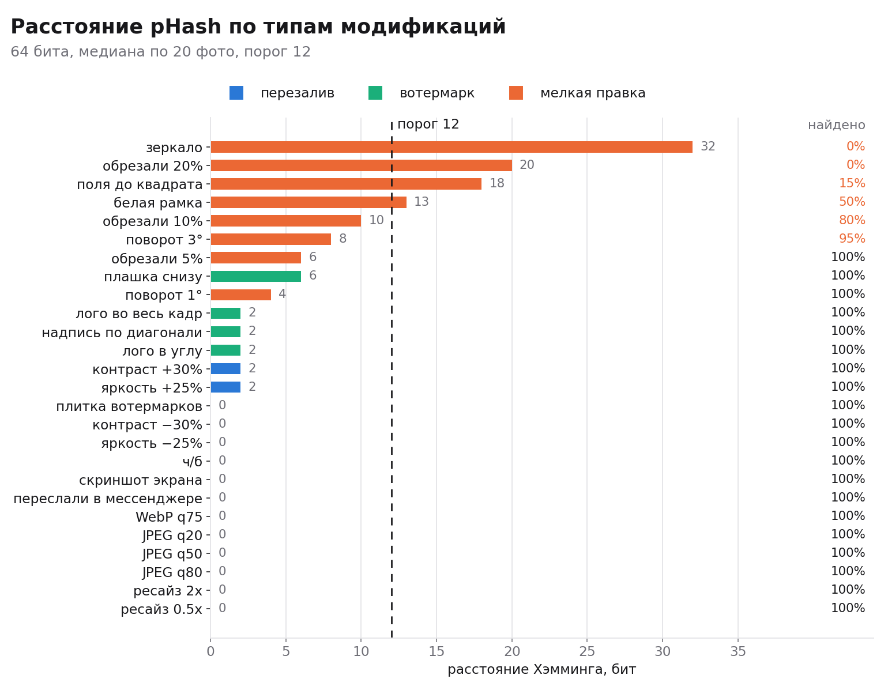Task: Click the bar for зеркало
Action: point(451,147)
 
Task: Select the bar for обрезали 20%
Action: point(361,165)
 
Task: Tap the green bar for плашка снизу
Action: point(256,277)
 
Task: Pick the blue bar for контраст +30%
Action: point(225,369)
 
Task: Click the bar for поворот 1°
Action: point(240,295)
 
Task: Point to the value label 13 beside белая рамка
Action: point(422,202)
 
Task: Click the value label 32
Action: point(708,146)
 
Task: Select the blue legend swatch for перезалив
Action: point(236,93)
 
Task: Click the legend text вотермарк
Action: point(437,93)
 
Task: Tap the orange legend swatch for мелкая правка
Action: point(516,93)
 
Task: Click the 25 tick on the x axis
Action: point(587,651)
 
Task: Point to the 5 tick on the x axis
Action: point(286,651)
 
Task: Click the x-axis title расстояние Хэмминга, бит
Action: point(542,670)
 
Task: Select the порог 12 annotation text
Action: point(428,124)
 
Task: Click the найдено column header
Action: point(837,125)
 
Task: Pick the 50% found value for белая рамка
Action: point(852,202)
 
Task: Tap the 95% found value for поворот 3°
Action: point(852,239)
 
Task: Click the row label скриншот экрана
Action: point(141,480)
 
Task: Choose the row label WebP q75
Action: point(169,517)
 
